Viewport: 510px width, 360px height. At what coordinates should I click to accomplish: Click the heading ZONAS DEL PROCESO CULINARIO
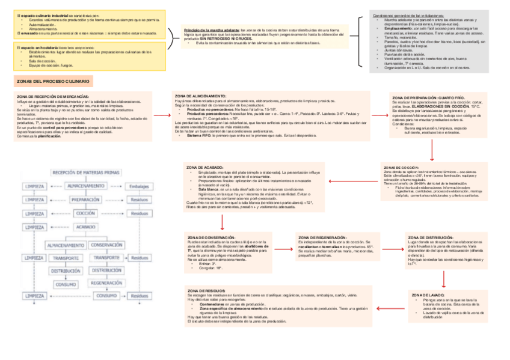53,81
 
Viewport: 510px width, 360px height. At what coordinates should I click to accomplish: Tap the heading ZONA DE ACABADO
206,166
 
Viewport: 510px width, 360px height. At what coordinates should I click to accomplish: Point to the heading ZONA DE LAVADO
428,296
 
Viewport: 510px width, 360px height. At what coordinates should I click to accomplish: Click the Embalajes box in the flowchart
140,186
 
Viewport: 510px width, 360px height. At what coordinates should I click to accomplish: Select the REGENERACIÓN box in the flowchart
107,282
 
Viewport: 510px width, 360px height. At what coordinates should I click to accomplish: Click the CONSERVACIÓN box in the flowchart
107,245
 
